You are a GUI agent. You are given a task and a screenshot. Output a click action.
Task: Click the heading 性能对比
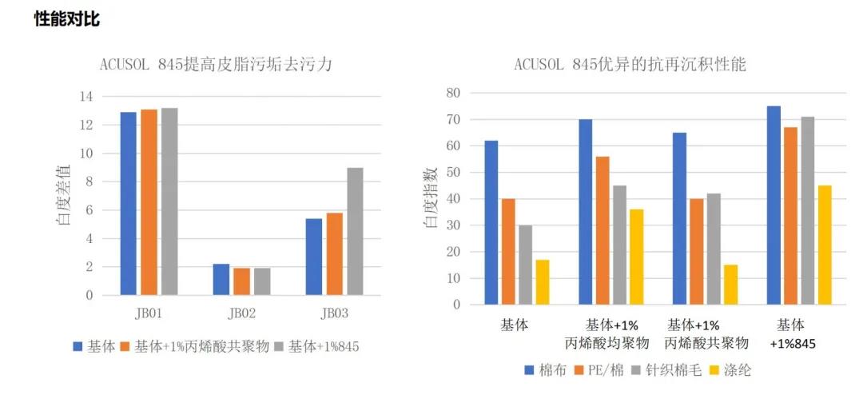pos(67,19)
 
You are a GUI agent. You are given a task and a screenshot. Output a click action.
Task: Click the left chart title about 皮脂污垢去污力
pos(216,65)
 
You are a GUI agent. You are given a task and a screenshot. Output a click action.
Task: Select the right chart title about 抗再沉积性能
pos(630,65)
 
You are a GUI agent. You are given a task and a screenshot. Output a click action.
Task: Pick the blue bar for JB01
pos(128,203)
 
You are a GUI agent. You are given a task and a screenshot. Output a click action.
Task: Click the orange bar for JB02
pos(242,281)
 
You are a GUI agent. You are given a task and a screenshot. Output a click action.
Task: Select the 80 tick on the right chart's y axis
pos(453,93)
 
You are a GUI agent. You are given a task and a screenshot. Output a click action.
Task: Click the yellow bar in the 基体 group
pos(542,281)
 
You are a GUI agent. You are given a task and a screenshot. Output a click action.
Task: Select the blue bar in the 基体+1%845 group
pos(774,205)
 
